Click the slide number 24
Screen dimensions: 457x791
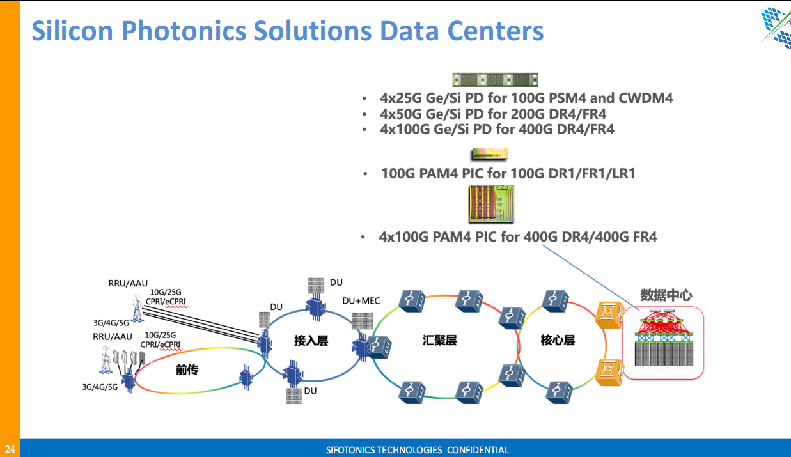pos(10,449)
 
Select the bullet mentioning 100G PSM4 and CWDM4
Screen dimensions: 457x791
pos(526,98)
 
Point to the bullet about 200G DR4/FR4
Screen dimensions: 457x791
pos(493,114)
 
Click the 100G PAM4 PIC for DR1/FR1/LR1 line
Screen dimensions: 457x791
pos(508,173)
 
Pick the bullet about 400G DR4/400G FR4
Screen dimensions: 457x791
pos(518,237)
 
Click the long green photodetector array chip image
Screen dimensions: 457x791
pos(495,80)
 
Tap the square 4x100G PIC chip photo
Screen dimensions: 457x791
pos(490,204)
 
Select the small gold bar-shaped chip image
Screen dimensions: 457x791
pos(489,154)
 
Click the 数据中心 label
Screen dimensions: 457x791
pos(666,295)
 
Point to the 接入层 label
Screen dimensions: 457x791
pos(311,341)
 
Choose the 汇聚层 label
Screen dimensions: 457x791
pos(440,340)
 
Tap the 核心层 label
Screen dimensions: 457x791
pos(558,340)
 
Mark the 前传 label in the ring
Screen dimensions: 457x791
pos(187,369)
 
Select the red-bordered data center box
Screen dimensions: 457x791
pos(663,343)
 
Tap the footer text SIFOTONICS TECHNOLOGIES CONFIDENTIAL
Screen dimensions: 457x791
pos(417,450)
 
